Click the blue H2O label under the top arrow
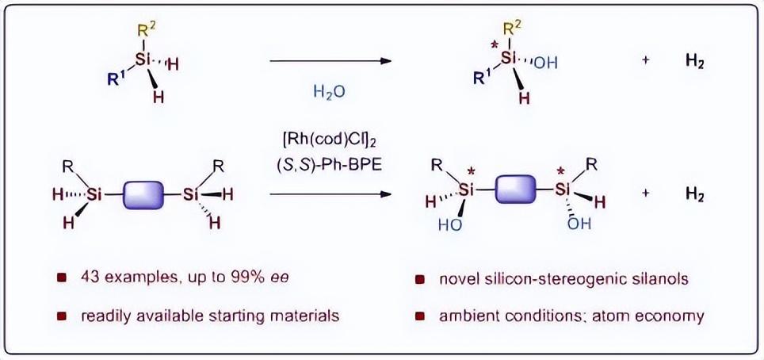(329, 91)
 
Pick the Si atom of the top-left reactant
(143, 59)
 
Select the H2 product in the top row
(694, 62)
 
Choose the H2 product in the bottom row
(694, 193)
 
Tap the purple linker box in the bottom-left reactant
(143, 195)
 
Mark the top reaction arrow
(330, 61)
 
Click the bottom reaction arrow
(330, 194)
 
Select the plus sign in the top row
(646, 63)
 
